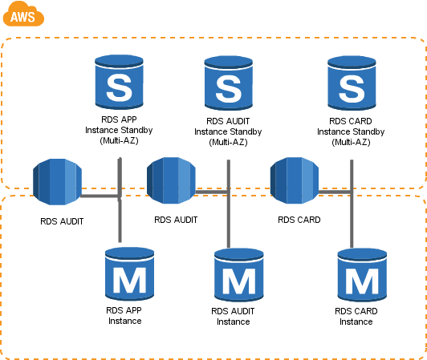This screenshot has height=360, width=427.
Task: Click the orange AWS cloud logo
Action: [23, 14]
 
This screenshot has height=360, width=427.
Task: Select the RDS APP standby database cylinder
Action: [119, 82]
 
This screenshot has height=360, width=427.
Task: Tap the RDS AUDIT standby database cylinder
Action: [229, 83]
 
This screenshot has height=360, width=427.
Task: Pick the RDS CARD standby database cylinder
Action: [352, 83]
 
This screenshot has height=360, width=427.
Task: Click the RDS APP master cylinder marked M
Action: [130, 273]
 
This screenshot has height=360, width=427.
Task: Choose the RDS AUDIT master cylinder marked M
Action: [239, 275]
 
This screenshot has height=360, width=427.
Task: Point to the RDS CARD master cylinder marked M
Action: [362, 275]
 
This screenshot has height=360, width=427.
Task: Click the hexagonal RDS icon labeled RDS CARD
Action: [295, 180]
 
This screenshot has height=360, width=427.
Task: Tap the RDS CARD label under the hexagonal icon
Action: [299, 220]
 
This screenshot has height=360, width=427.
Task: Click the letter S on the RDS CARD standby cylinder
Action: [352, 89]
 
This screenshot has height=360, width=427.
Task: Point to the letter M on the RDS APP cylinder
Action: [130, 280]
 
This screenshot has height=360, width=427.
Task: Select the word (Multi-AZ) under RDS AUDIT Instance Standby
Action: [228, 142]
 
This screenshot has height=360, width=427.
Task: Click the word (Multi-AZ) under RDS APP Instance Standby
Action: [119, 140]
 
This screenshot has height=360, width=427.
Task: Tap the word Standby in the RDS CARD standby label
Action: [369, 131]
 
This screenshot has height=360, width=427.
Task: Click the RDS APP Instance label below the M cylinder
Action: [124, 316]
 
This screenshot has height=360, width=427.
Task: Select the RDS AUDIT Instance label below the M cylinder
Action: [233, 317]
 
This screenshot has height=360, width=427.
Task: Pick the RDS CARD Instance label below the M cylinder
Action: [356, 317]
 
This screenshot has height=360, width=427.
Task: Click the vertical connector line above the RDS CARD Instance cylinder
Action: [352, 204]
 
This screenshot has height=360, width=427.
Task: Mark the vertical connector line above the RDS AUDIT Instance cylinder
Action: [229, 204]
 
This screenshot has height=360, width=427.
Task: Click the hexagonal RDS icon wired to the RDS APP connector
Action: [57, 182]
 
